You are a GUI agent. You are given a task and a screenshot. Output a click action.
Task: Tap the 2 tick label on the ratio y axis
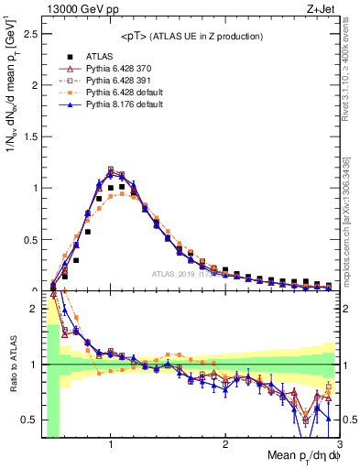pyautogui.click(x=35, y=310)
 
